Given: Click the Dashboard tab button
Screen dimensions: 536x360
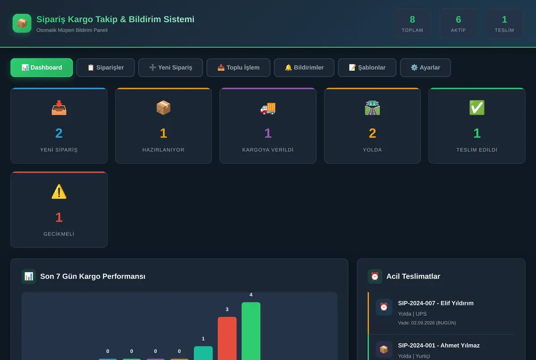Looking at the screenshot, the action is coord(42,67).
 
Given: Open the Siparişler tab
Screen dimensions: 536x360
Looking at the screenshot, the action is coord(105,67).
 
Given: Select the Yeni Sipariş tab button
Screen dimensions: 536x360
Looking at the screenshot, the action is coord(171,67).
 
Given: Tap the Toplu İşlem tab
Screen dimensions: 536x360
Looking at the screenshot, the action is coord(239,67).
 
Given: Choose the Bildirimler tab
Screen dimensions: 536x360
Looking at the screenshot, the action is coord(304,67).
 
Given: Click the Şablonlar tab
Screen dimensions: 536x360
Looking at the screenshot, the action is coord(367,67).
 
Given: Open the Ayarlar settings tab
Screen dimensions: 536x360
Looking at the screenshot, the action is coord(425,67).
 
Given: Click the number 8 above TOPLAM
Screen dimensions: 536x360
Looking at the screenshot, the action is coord(412,20).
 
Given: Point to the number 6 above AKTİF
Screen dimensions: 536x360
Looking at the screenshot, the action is coord(458,20).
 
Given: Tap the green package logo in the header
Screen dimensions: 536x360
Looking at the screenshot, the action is coord(22,23).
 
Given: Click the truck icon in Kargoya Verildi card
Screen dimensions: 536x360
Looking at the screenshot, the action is coord(268,109).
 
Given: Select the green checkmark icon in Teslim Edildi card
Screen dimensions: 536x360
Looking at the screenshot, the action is coord(477,108).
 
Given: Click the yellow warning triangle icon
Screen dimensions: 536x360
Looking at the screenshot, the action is coord(59,192).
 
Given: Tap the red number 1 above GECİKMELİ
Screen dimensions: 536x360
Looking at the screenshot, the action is coord(59,218).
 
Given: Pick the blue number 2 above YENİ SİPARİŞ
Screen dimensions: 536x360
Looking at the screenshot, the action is coord(59,133).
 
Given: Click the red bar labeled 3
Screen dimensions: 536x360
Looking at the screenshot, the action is coord(227,338).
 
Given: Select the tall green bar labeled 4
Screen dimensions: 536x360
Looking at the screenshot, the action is coord(251,331).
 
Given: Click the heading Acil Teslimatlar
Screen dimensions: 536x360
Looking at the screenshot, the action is coord(413,276).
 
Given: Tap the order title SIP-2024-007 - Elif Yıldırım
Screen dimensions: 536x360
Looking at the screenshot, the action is coord(436,303).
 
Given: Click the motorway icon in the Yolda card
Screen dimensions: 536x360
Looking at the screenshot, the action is coord(373,108).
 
